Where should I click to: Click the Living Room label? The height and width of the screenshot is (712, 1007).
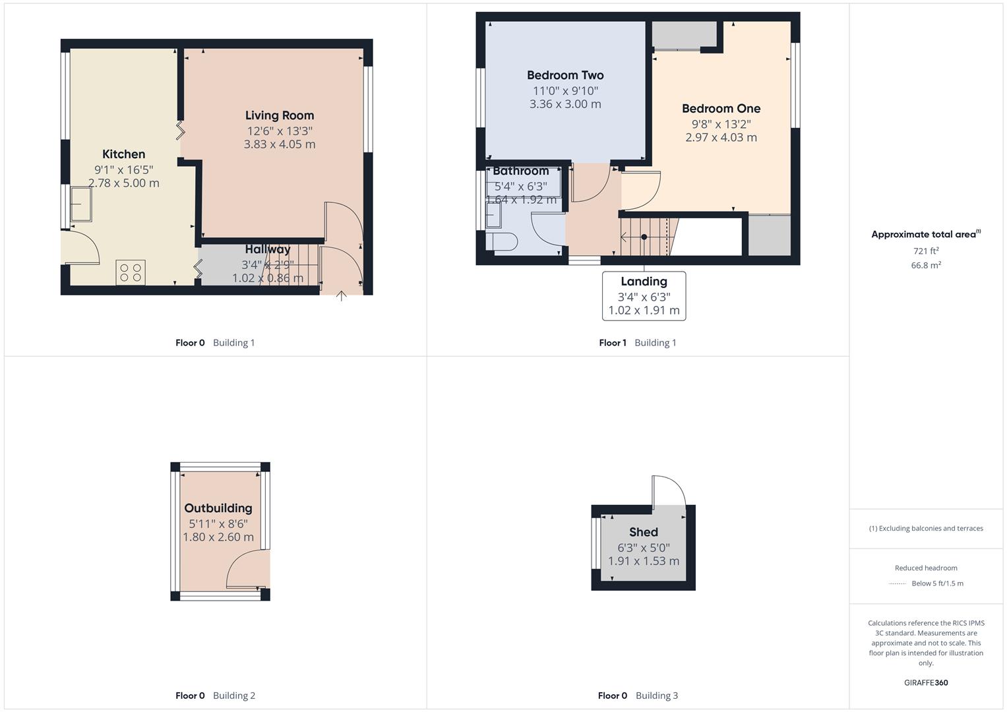click(279, 115)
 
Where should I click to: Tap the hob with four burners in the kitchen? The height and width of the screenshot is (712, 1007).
click(131, 272)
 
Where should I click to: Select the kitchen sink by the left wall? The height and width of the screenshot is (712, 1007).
click(81, 204)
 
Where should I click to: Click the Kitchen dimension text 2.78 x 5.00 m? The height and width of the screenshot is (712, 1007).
click(124, 183)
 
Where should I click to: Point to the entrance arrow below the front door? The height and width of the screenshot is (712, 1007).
click(341, 296)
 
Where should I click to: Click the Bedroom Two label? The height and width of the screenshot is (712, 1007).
click(565, 75)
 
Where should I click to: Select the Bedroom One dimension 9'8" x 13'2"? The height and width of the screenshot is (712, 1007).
click(721, 124)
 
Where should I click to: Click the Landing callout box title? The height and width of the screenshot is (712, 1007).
click(644, 282)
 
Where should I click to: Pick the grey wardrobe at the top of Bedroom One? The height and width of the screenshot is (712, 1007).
click(684, 34)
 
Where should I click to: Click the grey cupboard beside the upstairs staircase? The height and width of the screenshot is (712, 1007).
click(769, 235)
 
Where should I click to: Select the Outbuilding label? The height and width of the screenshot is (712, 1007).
click(218, 508)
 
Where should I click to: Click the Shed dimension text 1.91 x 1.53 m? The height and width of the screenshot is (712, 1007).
click(643, 561)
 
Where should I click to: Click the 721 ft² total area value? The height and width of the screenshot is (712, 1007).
click(926, 251)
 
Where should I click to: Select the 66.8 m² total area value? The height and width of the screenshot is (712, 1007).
click(926, 265)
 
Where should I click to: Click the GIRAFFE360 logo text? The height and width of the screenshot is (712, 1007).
click(926, 683)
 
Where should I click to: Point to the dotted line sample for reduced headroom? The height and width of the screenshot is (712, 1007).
click(898, 583)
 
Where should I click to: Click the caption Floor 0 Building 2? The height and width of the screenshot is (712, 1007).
click(215, 696)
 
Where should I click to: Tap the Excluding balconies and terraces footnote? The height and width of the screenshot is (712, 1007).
click(926, 528)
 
